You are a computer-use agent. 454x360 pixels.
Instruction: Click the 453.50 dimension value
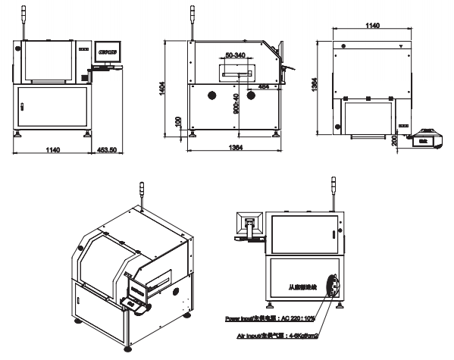click(x=107, y=151)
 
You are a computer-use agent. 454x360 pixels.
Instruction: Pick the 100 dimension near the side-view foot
click(x=179, y=121)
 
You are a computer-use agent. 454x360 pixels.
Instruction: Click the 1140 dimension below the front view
click(x=53, y=151)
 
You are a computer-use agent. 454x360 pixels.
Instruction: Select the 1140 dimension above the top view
click(x=372, y=27)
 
